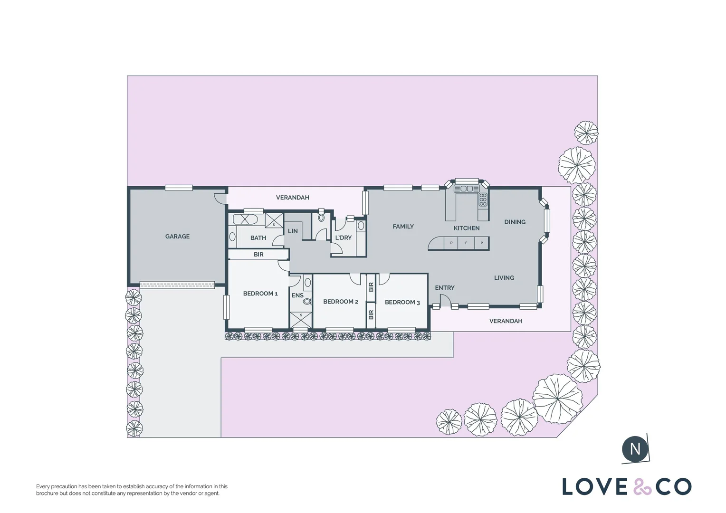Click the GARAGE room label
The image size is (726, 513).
[x=177, y=237]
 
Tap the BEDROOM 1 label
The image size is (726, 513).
[x=260, y=294]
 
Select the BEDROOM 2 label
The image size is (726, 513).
[x=341, y=302]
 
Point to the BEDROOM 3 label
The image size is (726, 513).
[x=402, y=303]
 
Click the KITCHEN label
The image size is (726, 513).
[x=467, y=228]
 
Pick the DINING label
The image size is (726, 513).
[x=515, y=222]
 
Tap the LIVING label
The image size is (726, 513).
[x=504, y=278]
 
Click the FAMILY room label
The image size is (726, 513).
[x=403, y=227]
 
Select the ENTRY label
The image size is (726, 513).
[x=445, y=288]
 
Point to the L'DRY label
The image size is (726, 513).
[x=343, y=237]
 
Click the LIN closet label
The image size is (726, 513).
[x=293, y=231]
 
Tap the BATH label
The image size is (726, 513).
[x=258, y=238]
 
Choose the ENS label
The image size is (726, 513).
[x=297, y=295]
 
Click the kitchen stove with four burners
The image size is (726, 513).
[x=483, y=199]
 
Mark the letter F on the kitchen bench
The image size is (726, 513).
[x=466, y=243]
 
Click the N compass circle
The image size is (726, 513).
[x=635, y=449]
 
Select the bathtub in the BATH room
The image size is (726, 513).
[x=245, y=219]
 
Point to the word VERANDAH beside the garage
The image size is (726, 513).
[x=292, y=198]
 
